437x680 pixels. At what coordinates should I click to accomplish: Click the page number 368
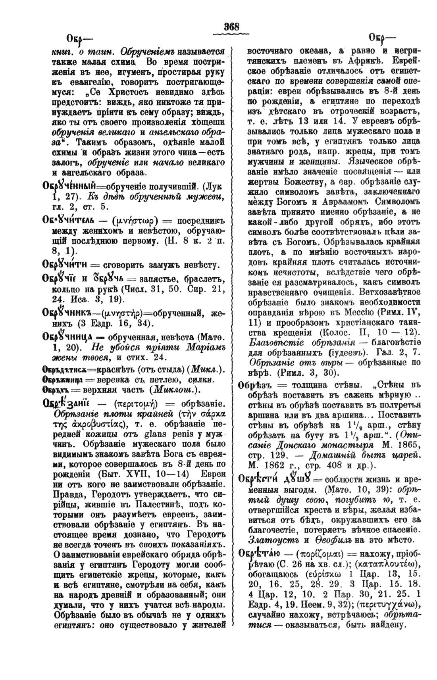coord(231,27)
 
